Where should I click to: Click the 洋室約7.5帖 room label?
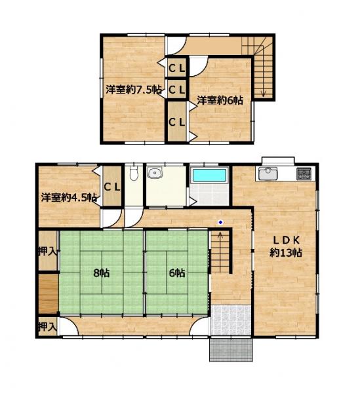pos(134,90)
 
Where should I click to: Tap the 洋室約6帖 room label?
pos(220,100)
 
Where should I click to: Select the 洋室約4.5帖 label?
pos(70,198)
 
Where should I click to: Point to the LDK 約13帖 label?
pos(286,247)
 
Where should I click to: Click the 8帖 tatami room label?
pos(102,272)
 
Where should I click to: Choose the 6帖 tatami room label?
pos(177,272)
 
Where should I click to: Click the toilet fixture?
pos(134,172)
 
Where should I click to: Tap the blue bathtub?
pos(209,175)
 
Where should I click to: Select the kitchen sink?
pos(268,174)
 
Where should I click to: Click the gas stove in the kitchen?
pos(304,174)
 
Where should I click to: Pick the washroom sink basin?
pos(155,173)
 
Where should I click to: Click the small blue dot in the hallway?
pos(220,222)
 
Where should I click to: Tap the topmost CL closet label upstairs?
pos(176,68)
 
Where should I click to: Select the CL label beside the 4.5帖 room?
pos(112,187)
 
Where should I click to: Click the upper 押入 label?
pos(48,251)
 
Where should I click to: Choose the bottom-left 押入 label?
pos(48,327)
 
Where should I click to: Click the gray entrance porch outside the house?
pos(231,350)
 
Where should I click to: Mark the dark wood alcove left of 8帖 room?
pos(49,293)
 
